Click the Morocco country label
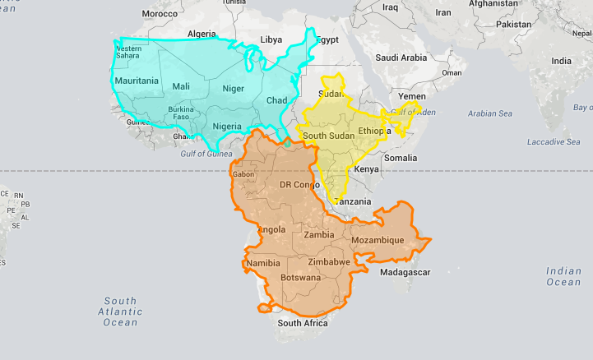click(160, 14)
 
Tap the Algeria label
click(202, 34)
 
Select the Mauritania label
click(137, 81)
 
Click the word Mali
click(181, 86)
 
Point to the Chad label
click(276, 100)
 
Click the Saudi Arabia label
click(401, 58)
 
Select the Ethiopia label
click(375, 131)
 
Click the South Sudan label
click(329, 135)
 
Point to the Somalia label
click(401, 157)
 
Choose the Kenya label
click(366, 169)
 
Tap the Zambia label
click(318, 235)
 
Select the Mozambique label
click(378, 240)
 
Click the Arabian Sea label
click(489, 113)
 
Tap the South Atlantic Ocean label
click(120, 312)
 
